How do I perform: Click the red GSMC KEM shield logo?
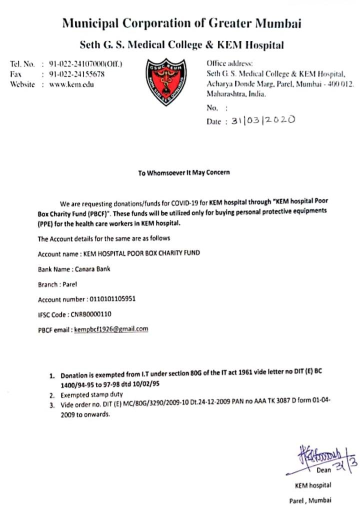(x=165, y=81)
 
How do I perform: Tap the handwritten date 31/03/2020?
(x=263, y=120)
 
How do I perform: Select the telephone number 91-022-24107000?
(x=85, y=64)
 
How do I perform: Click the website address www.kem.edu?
(x=71, y=84)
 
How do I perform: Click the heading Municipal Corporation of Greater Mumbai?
(x=181, y=23)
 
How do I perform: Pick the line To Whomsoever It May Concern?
(x=184, y=172)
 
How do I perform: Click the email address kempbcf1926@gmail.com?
(x=111, y=329)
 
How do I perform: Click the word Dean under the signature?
(x=324, y=469)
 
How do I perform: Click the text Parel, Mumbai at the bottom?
(x=309, y=500)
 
